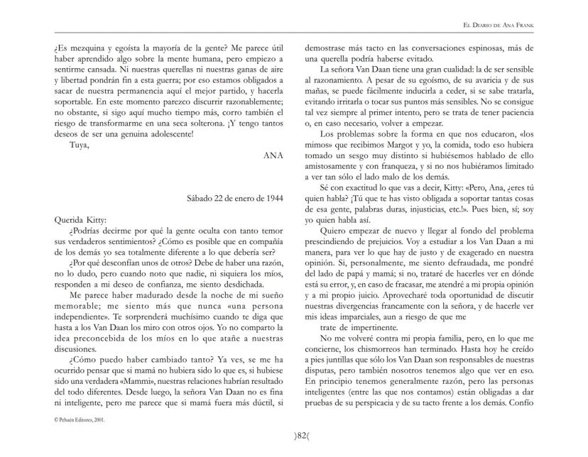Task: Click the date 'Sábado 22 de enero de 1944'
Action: click(x=230, y=198)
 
